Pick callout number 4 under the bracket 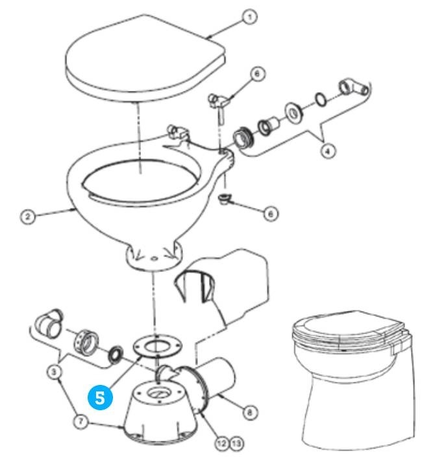(x=329, y=151)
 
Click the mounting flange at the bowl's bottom (x=154, y=258)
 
